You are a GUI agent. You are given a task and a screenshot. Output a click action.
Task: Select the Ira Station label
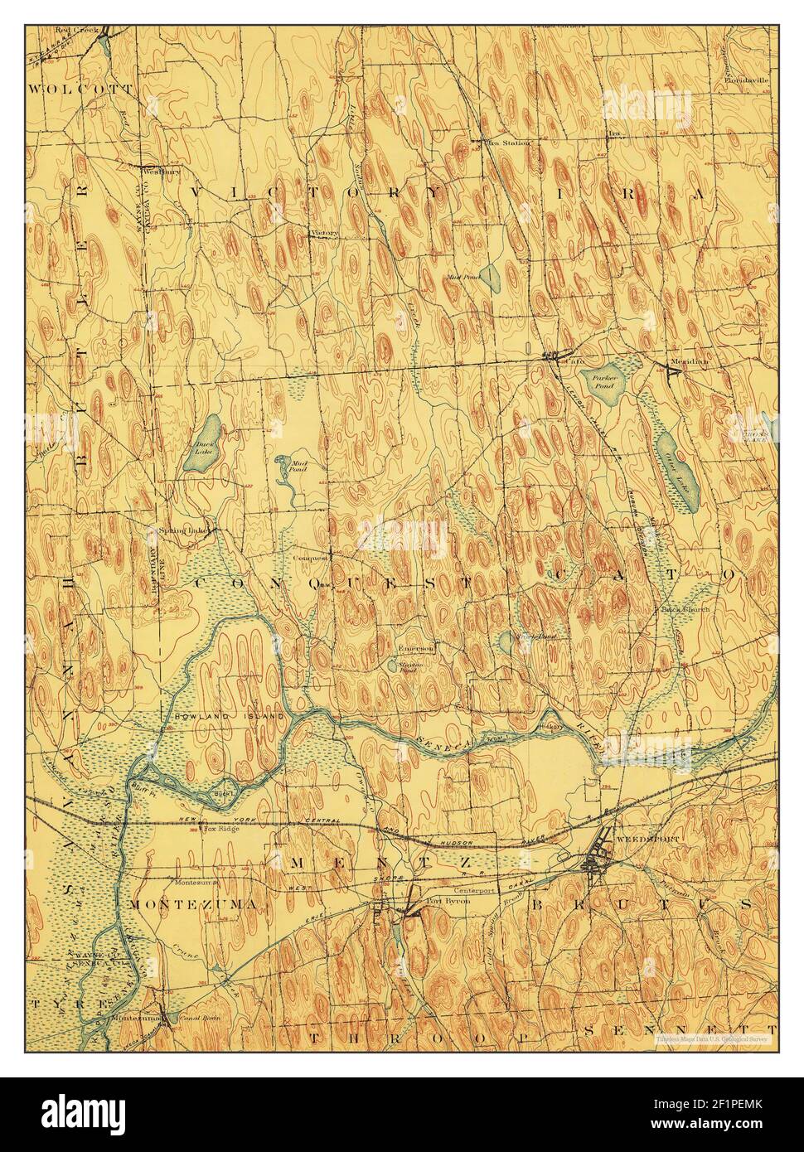(506, 143)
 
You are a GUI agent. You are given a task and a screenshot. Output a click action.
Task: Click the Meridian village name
(690, 362)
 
